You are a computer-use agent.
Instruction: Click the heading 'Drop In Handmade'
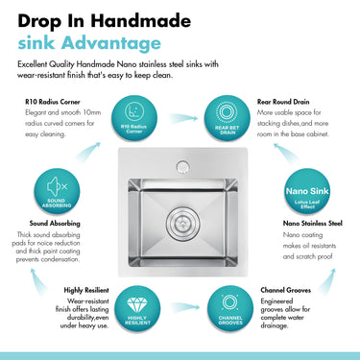click(x=99, y=18)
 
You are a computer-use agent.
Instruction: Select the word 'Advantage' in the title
click(x=114, y=43)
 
